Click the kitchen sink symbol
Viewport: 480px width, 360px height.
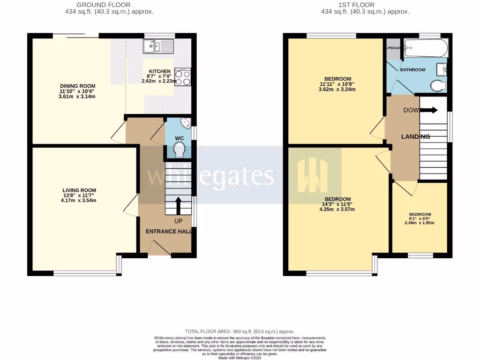tap(158, 46)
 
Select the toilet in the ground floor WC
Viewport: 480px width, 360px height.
tap(180, 150)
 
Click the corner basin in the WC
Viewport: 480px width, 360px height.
tap(186, 124)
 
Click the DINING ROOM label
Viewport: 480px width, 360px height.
tap(77, 86)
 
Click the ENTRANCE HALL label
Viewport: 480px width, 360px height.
tap(168, 232)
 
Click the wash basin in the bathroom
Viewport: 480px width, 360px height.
tap(442, 69)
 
